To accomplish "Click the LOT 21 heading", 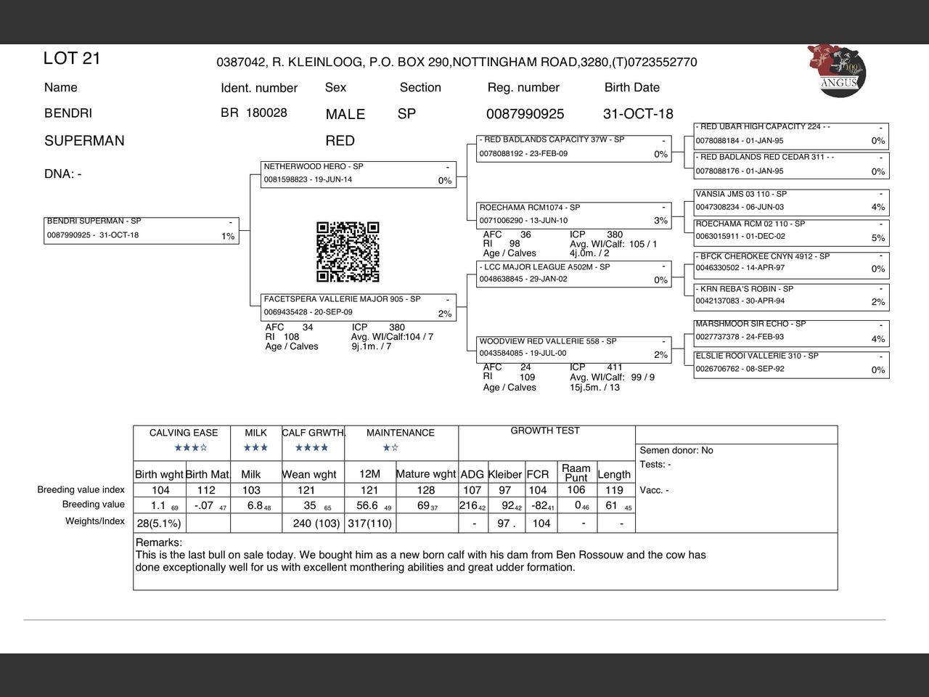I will point(72,59).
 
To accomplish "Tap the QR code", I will point(348,252).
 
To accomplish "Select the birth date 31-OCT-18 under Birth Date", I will point(638,114).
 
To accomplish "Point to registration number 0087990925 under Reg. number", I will point(525,114).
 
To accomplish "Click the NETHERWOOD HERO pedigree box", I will point(359,174).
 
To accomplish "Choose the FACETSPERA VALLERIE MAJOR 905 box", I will point(359,306).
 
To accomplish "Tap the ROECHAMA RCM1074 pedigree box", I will point(573,214).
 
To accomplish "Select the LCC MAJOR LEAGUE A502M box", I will point(573,274).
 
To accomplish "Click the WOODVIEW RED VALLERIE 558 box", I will point(573,348).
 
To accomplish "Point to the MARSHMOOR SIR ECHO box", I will point(791,331).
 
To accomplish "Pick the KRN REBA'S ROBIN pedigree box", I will point(791,295).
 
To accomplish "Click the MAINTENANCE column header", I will point(401,433).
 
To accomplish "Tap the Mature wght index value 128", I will point(426,490).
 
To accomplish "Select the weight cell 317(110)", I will point(369,523).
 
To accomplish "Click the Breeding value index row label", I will point(81,490).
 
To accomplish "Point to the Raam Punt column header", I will point(576,473).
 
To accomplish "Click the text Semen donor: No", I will point(676,450).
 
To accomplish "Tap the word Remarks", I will point(159,542).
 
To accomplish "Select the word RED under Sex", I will point(340,141).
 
